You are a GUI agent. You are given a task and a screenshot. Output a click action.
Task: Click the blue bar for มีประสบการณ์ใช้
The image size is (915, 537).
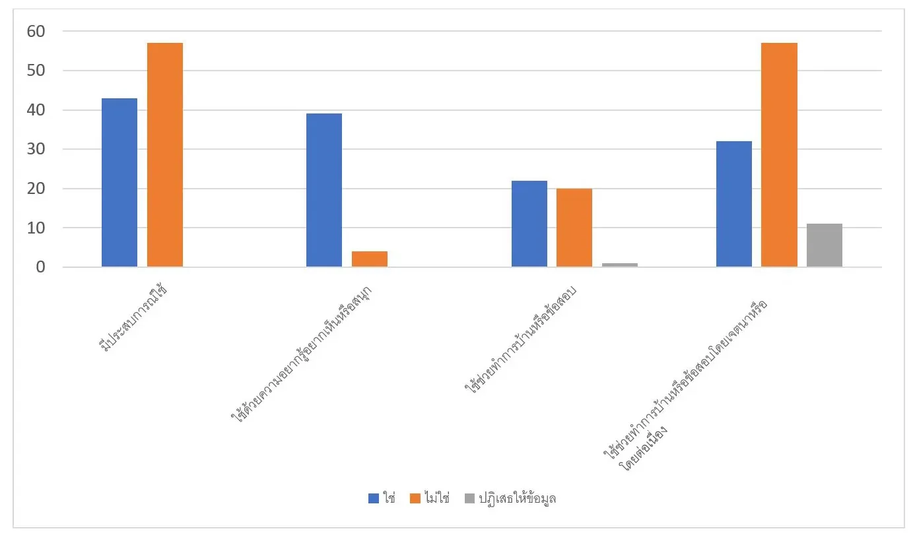119,183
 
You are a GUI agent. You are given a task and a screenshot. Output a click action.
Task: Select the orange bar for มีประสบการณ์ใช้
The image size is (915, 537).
165,155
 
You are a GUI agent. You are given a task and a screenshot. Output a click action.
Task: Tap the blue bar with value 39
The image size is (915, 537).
324,191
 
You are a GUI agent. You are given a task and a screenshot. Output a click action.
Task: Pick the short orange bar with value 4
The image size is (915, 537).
370,259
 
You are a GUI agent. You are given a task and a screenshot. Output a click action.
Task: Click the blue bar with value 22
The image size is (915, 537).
529,224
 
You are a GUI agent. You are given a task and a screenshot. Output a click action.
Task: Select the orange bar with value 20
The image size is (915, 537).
574,228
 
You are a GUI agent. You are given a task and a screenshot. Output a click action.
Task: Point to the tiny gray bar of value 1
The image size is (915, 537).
620,265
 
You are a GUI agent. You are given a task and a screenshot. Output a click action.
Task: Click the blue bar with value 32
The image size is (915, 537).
734,205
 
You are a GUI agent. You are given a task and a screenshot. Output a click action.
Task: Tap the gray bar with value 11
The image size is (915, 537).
825,245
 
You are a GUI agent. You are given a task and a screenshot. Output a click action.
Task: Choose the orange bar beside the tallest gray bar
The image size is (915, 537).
779,155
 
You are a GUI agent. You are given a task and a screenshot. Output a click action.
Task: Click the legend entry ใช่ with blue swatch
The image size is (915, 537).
382,499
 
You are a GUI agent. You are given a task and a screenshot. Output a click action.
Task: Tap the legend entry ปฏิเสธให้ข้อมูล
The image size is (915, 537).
510,499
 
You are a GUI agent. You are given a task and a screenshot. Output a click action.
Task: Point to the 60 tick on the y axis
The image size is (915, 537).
36,32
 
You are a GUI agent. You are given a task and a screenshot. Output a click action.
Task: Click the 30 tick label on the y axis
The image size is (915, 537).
36,150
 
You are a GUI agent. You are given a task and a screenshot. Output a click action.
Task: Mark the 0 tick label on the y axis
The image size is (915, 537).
40,268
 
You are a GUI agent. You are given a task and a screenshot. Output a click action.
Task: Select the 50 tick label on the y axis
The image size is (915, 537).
36,71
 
